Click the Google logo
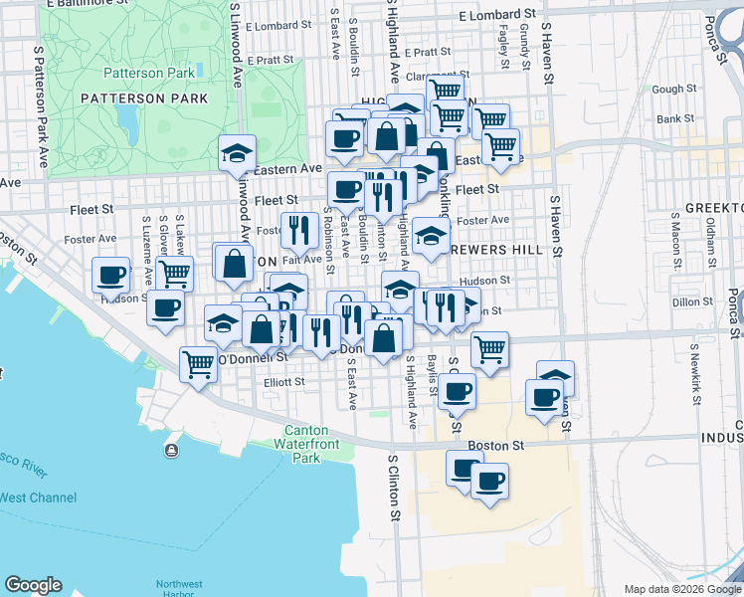(x=33, y=585)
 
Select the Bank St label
(x=675, y=118)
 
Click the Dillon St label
(x=686, y=301)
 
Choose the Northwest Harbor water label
(x=180, y=589)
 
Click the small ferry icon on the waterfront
(x=172, y=451)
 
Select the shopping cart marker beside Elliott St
(x=198, y=364)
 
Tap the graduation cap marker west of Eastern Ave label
(x=238, y=152)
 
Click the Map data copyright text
(x=681, y=589)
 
